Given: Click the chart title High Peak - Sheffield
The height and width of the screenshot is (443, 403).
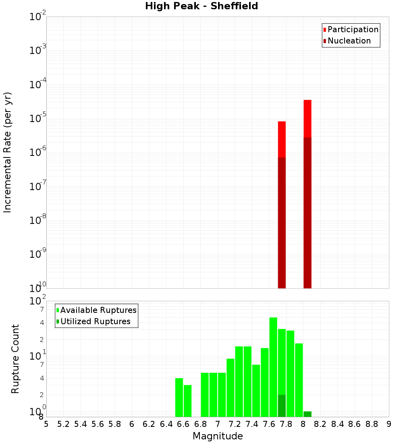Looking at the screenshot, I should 201,6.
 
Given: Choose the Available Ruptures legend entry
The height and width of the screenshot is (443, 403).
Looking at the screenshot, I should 98,311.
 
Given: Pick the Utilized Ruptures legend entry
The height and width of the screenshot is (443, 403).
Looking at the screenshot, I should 95,322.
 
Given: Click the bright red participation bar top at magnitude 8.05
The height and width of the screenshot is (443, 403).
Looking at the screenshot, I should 307,118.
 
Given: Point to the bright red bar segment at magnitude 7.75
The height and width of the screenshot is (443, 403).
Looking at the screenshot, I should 282,139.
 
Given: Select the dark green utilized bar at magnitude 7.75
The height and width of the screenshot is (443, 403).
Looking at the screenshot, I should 282,406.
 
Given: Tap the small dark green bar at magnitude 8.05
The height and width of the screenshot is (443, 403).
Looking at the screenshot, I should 307,414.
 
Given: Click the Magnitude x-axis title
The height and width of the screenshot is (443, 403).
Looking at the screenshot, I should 218,436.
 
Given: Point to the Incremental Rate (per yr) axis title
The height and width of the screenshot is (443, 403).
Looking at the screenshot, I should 8,152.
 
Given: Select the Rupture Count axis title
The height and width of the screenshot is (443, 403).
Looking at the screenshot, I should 15,358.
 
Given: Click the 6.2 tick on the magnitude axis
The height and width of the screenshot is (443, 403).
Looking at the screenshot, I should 149,424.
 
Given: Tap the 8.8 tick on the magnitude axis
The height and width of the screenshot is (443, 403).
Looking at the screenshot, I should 372,424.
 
